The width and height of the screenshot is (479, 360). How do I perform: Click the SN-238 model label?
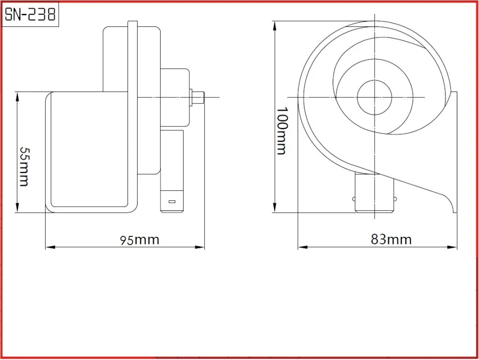pos(30,15)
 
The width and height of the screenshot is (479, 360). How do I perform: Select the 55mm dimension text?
pos(24,166)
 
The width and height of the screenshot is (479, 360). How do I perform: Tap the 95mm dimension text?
pos(140,239)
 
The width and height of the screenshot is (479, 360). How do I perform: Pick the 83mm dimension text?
pos(391,239)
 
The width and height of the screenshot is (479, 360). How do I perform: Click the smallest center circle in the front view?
pos(374,98)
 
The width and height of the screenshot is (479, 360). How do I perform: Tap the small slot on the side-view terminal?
pos(172,202)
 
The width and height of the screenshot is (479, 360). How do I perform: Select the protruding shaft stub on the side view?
pos(198,97)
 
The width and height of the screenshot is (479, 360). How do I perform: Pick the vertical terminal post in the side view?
pos(172,170)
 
